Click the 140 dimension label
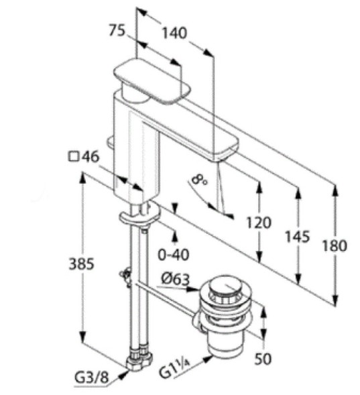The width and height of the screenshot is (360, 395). [x=174, y=33]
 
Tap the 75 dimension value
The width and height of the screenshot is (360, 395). [x=117, y=31]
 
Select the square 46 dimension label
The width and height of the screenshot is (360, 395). [x=84, y=157]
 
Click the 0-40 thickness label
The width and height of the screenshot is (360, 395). [x=174, y=254]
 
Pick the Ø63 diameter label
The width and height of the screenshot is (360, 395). [x=176, y=279]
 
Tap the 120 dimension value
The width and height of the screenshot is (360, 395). [x=259, y=223]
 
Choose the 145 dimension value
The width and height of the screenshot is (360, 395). [x=297, y=237]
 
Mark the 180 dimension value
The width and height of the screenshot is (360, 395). [x=335, y=245]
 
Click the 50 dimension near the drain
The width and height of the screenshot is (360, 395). [x=263, y=359]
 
